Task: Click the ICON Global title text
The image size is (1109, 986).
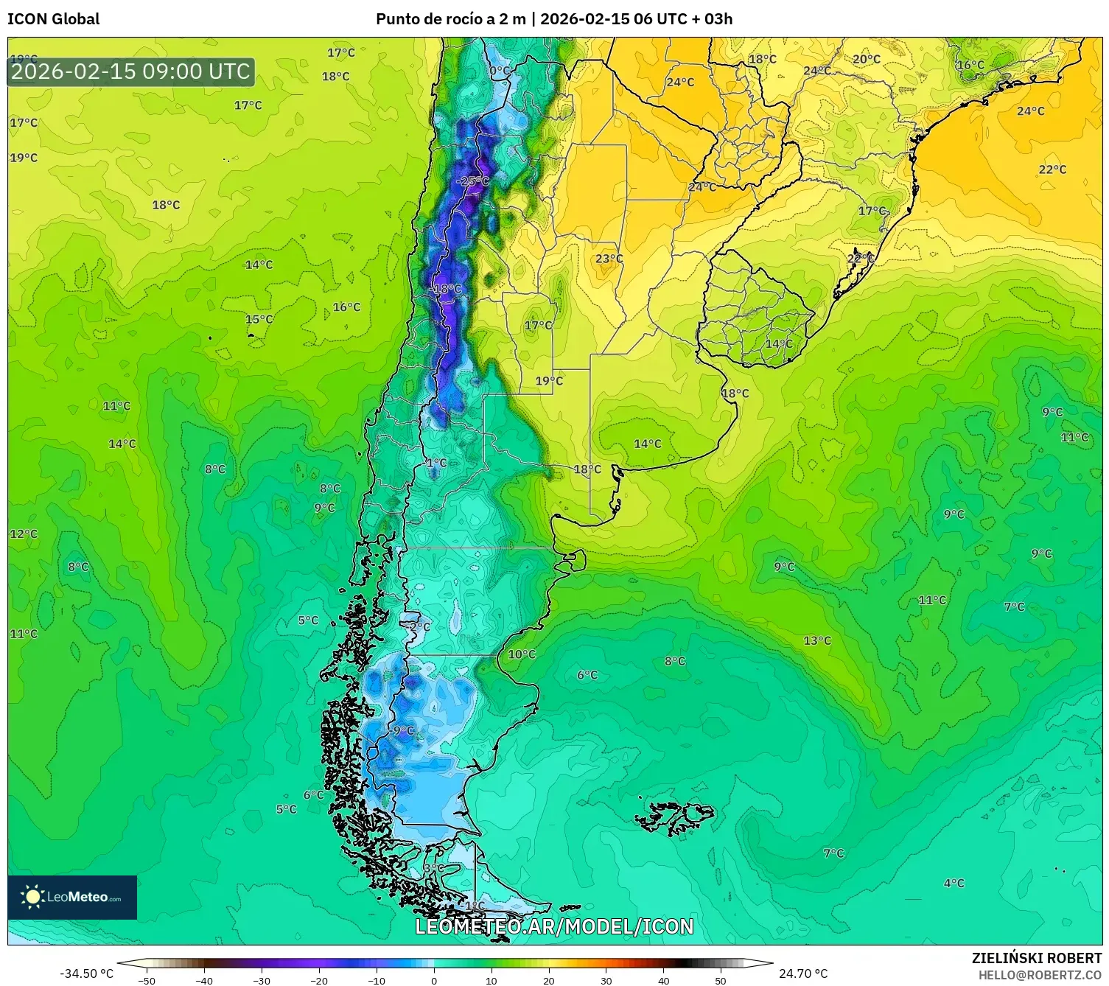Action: (53, 19)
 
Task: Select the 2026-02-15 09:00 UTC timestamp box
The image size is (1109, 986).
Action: (131, 71)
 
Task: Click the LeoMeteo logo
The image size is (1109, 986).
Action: (72, 897)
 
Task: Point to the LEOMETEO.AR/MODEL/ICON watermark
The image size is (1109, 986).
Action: (554, 926)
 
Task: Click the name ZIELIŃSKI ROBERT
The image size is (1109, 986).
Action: (1036, 958)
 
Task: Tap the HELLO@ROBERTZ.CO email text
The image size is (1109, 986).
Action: (1040, 975)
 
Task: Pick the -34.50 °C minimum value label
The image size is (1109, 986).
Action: (86, 973)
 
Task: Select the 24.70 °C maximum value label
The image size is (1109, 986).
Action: (803, 973)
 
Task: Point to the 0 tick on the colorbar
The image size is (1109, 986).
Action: (434, 980)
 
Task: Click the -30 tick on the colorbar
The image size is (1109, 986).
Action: (262, 980)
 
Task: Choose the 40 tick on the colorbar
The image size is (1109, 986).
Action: (663, 980)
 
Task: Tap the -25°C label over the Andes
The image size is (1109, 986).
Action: (472, 181)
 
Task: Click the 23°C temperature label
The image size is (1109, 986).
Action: (609, 259)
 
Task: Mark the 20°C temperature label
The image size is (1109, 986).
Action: (867, 59)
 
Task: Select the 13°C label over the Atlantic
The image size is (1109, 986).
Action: (817, 640)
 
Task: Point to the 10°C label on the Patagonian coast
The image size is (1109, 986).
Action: (522, 654)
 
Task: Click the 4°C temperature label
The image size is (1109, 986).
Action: (954, 883)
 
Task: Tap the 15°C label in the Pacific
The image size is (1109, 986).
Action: (259, 319)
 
